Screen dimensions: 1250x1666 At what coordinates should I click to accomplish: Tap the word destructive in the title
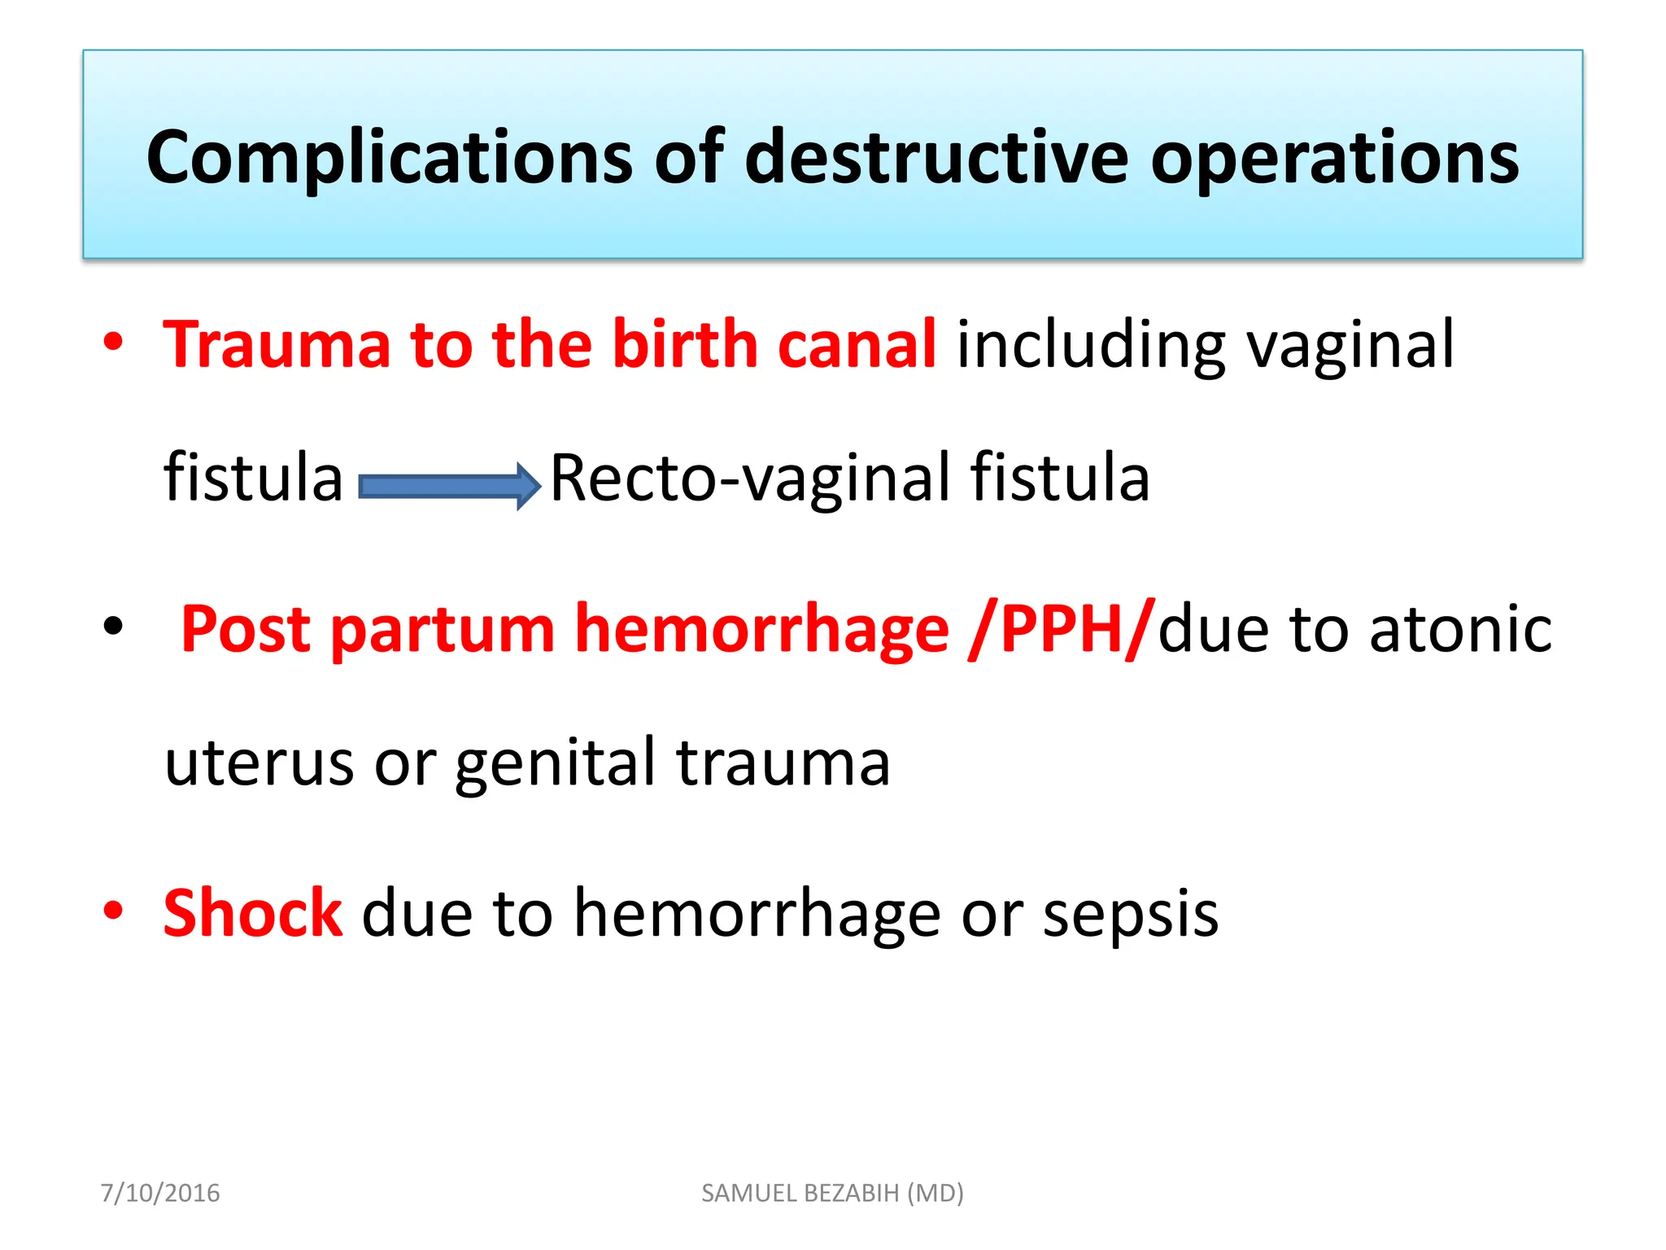(936, 157)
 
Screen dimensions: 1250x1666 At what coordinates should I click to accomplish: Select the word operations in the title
(1334, 157)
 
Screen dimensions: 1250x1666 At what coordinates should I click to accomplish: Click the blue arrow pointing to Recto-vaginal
(449, 486)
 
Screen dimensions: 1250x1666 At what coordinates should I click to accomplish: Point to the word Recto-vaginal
(749, 478)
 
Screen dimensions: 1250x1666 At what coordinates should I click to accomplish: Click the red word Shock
(252, 913)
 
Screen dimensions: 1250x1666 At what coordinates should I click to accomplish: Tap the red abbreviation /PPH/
(1062, 628)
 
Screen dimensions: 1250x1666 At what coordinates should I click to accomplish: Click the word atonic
(1460, 628)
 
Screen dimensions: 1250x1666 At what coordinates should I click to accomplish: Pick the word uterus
(259, 763)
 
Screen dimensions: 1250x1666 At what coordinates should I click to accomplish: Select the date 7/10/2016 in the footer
(160, 1193)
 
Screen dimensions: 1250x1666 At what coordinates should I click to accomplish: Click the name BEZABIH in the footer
(851, 1193)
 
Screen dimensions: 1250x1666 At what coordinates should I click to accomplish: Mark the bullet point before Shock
(113, 911)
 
